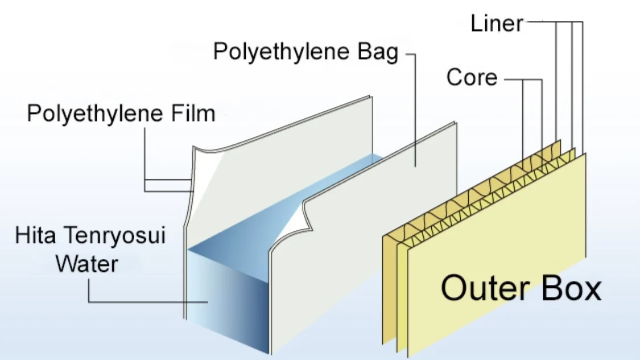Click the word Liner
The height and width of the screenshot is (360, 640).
496,23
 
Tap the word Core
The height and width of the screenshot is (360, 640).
472,77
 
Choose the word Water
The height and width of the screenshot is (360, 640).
87,263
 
